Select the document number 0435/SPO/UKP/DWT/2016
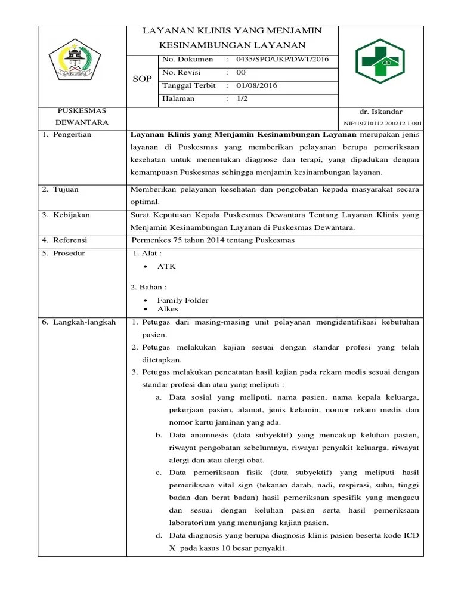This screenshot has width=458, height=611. [x=282, y=59]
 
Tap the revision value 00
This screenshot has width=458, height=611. [x=241, y=72]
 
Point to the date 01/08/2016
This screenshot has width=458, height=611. [x=256, y=85]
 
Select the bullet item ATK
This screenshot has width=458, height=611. [x=166, y=266]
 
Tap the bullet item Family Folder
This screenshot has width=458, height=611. [x=182, y=300]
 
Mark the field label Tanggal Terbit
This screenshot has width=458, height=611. [x=190, y=85]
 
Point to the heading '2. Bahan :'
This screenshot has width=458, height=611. [x=148, y=287]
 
